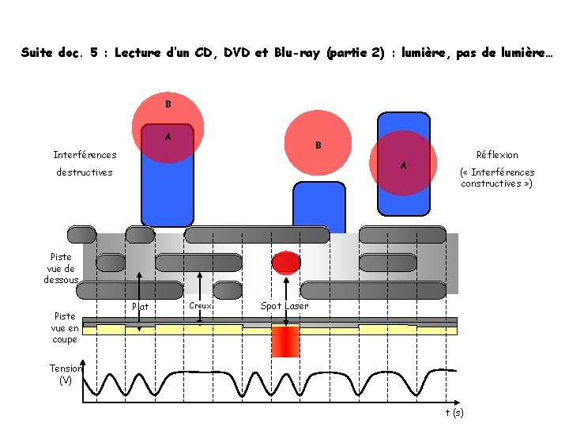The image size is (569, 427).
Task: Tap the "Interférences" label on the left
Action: click(85, 155)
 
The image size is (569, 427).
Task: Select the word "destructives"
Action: click(84, 172)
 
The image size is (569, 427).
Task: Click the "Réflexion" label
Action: click(497, 155)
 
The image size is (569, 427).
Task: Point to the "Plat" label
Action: click(141, 307)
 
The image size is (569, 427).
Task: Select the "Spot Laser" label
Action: click(284, 306)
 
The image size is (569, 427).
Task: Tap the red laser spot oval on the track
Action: click(286, 263)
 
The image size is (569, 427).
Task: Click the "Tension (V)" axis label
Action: click(66, 374)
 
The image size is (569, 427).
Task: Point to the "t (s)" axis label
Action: click(454, 412)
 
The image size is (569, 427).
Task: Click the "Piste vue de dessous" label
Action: click(61, 268)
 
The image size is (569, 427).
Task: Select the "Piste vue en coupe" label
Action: click(64, 327)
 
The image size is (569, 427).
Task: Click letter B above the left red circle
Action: click(168, 104)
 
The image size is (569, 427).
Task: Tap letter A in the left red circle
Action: click(168, 137)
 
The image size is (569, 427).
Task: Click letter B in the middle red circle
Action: click(318, 145)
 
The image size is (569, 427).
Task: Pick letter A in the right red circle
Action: click(404, 165)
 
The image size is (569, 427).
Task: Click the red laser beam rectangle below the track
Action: click(285, 342)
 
